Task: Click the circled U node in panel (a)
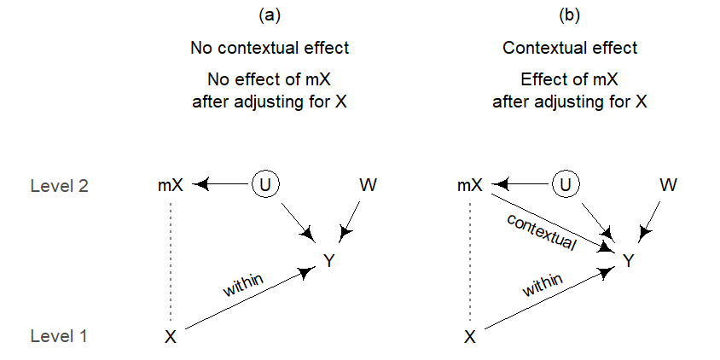coord(266,184)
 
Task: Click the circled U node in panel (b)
coord(566,184)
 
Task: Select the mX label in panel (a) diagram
coord(171,185)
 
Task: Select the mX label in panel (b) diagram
coord(470,185)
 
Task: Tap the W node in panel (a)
coord(369,185)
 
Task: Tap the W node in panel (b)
coord(668,185)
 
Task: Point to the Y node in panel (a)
coord(328,261)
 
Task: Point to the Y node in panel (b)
coord(629,261)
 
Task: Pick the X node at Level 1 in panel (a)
coord(171,338)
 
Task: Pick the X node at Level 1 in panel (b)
coord(470,338)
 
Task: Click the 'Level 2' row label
coord(59,186)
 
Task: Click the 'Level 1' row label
coord(58,337)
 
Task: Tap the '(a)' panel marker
coord(270,15)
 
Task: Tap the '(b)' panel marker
coord(569,15)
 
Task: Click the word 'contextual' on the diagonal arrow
coord(542,231)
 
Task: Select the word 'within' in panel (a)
coord(243,285)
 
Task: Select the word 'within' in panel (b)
coord(543,285)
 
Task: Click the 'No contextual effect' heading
coord(270,48)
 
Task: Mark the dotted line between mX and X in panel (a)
coord(171,261)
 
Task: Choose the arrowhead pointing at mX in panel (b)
coord(501,185)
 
